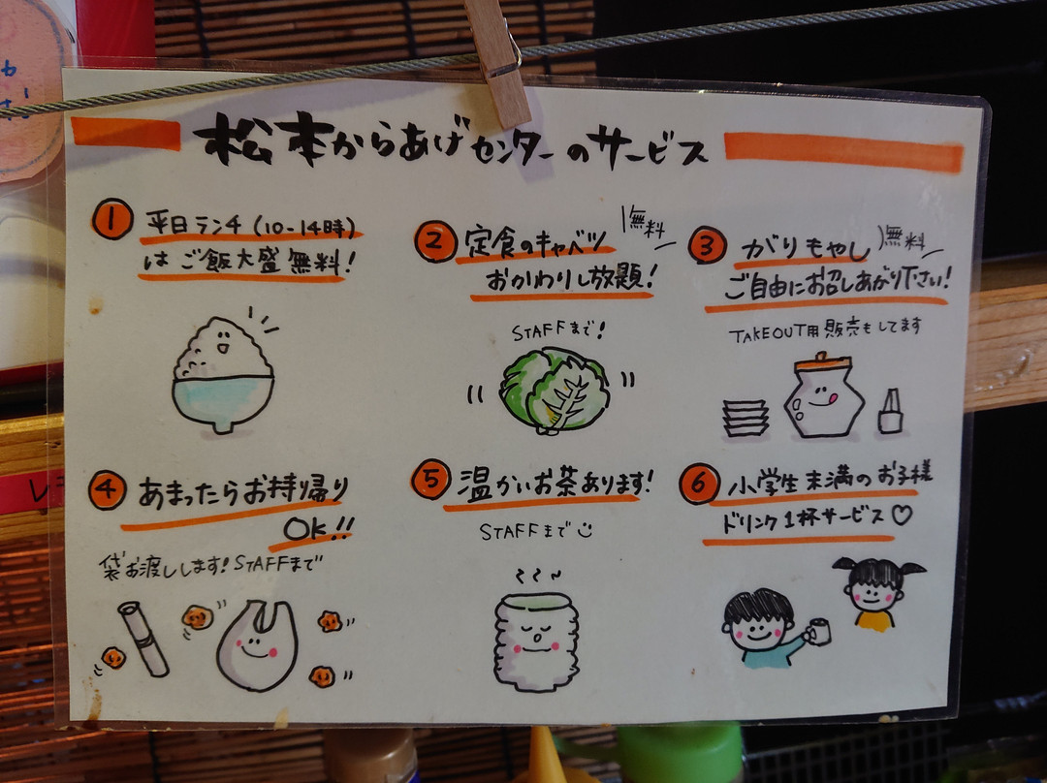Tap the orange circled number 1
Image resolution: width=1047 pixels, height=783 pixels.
coord(112,219)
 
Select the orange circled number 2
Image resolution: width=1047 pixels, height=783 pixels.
coord(434,241)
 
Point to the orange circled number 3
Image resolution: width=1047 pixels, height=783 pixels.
coord(707,245)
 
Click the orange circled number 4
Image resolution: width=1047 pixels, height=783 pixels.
coord(108,490)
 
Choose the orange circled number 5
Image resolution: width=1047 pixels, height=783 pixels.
coord(430,480)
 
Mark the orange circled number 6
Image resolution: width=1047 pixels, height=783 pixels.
coord(699,484)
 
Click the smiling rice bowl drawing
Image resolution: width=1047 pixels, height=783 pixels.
coord(223,375)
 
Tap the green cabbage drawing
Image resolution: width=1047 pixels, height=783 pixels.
coord(554,391)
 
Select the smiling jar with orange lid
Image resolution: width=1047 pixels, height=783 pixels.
coord(824,395)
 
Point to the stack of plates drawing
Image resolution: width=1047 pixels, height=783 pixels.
coord(746,419)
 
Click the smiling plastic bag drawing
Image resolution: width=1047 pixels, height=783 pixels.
coord(257,644)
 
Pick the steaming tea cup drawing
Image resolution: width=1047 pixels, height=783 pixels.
coord(536,640)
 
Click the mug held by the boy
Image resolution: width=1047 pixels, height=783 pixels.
coord(818,631)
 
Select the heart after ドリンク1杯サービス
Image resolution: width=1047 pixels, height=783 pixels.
coord(902,515)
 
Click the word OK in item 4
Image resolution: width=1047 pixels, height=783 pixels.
coord(306,530)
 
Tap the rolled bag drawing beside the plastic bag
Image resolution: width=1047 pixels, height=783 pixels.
coord(143,639)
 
